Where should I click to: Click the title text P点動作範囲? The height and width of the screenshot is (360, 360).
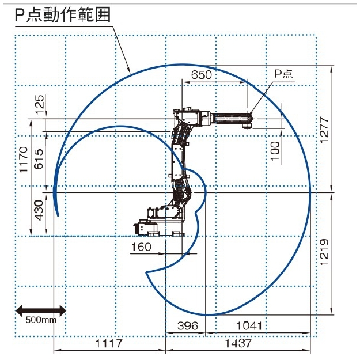pos(62,15)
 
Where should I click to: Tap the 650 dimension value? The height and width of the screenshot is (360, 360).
pos(202,75)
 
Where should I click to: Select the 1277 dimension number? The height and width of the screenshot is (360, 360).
pos(324,130)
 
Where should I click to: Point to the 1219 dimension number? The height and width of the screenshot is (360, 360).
pos(324,252)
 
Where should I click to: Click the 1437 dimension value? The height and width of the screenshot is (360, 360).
pos(238,343)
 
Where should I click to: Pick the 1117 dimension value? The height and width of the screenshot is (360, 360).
pos(109,343)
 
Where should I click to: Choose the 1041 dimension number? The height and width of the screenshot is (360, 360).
pos(249,325)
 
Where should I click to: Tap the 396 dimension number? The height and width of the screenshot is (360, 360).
pos(188,325)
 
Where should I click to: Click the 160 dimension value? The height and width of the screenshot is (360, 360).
pos(141,247)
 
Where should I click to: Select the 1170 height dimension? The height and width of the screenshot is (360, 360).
pos(24,160)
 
